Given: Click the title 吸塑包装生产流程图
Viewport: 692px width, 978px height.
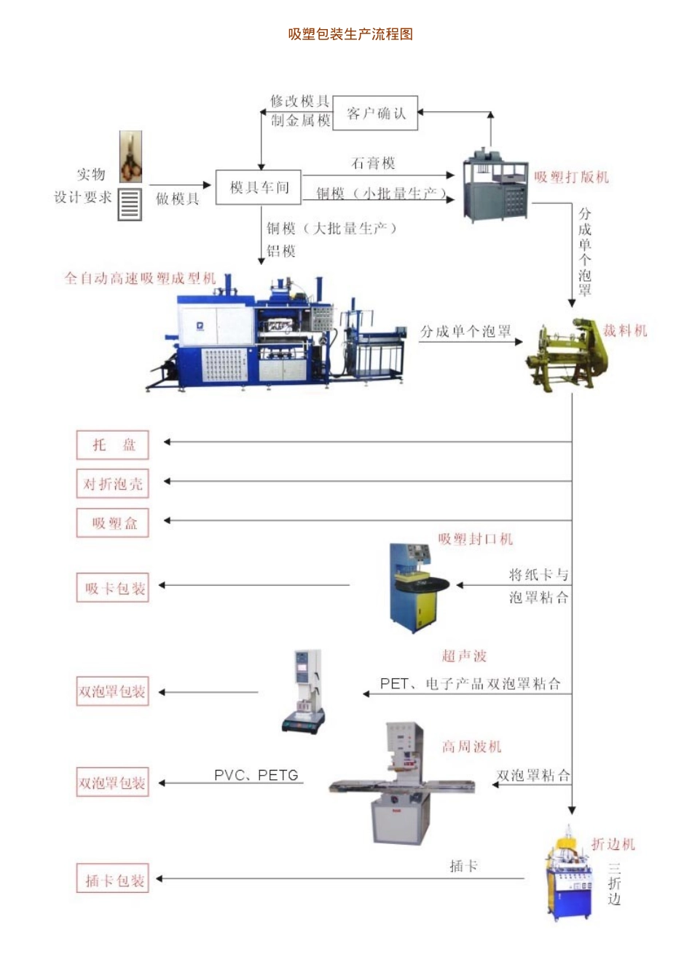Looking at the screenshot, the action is (x=350, y=34).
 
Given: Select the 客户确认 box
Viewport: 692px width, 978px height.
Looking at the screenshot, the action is (x=375, y=114).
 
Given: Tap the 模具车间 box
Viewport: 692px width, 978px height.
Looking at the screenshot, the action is (x=259, y=188).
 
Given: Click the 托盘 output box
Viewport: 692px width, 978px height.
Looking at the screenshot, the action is (x=113, y=445).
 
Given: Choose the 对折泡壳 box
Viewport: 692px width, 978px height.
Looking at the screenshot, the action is (x=113, y=484).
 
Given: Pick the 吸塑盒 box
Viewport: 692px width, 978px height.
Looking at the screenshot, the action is (x=113, y=523).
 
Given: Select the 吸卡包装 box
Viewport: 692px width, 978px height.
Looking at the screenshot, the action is (x=113, y=588).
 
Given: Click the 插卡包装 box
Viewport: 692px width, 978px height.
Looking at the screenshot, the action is (x=113, y=880).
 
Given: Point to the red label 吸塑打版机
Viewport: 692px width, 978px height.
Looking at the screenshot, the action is (x=571, y=177).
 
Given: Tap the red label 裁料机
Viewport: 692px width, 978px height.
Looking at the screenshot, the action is (x=625, y=330).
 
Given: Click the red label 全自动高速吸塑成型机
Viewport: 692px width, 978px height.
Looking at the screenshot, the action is (x=140, y=278).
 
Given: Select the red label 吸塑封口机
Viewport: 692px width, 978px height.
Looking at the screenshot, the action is (x=476, y=538).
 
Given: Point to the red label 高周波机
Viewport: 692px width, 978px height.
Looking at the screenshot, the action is (x=472, y=747).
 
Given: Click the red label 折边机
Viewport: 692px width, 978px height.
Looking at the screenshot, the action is (x=613, y=844).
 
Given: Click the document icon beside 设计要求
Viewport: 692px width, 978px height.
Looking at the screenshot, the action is (x=130, y=204).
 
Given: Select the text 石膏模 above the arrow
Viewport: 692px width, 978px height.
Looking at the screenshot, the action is (x=373, y=163).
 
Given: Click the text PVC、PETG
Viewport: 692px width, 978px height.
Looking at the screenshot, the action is (x=256, y=775).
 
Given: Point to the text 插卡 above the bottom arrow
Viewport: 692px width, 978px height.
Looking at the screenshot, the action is (x=463, y=866).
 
